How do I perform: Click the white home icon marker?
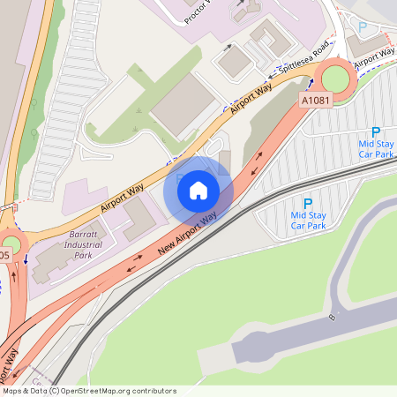[x=198, y=190]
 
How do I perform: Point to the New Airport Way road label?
[x=188, y=235]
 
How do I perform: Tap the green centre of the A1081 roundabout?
[x=336, y=79]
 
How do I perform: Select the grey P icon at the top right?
[x=362, y=27]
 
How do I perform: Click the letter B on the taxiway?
[x=332, y=315]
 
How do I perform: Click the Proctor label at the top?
[x=199, y=11]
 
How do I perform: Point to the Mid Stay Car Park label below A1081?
[x=376, y=147]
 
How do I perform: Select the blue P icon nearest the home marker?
[x=308, y=203]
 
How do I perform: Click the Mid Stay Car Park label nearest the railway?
[x=308, y=220]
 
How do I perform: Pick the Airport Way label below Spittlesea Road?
[x=251, y=96]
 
